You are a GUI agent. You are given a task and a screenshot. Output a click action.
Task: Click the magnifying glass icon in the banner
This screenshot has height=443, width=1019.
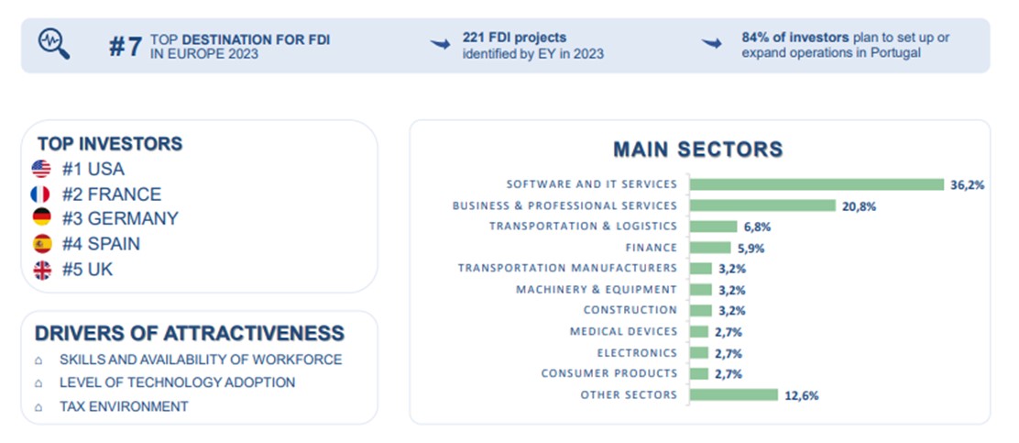click(53, 43)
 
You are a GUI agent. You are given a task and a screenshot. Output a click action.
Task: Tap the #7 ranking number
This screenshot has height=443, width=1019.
click(126, 47)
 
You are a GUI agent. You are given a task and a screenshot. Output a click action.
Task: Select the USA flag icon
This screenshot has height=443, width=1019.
click(41, 169)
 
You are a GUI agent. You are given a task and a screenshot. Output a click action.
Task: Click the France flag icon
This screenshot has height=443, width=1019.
click(41, 194)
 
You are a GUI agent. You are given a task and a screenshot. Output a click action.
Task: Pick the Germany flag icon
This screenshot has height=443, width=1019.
click(41, 218)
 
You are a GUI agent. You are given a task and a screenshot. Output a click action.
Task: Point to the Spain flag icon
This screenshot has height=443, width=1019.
click(41, 244)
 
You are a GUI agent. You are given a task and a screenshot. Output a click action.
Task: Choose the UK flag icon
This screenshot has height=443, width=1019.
click(41, 270)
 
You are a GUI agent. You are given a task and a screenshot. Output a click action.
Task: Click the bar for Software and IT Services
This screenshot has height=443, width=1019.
click(816, 184)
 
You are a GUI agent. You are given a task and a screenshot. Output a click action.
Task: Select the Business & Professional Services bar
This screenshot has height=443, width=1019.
click(762, 205)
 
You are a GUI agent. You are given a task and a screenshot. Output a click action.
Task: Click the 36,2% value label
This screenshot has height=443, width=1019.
click(967, 184)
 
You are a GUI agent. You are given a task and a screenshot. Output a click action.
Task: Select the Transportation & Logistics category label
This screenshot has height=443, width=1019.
click(583, 226)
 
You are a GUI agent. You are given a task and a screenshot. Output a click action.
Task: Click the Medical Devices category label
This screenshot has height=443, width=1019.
click(623, 331)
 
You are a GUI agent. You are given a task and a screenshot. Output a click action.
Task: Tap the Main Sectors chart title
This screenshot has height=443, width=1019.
click(697, 149)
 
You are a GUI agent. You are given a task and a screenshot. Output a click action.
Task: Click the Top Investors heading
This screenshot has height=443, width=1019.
click(110, 144)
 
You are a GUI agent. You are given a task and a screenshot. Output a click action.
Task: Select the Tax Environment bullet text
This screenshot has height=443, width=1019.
click(124, 406)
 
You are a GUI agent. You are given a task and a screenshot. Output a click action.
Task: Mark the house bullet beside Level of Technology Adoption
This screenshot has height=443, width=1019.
click(38, 383)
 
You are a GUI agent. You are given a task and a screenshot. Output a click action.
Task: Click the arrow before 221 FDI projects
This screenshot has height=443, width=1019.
click(442, 43)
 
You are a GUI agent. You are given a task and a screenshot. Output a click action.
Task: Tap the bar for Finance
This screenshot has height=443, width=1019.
click(710, 248)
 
